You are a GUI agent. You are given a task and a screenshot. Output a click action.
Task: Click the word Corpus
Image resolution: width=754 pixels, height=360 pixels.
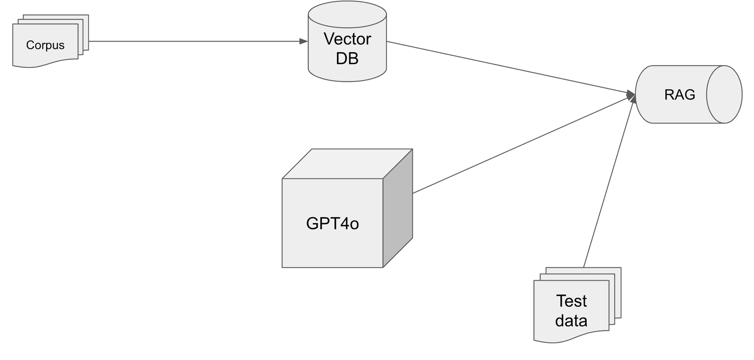pos(45,45)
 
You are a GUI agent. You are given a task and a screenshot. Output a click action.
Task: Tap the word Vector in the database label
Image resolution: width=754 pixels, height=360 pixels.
pos(347,39)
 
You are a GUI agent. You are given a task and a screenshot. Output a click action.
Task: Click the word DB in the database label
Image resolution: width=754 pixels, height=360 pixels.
pos(347,58)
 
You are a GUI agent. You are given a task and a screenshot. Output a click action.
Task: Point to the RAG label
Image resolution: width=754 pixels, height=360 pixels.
pos(680,95)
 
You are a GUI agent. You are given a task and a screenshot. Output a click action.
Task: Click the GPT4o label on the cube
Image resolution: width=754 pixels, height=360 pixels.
pos(332,223)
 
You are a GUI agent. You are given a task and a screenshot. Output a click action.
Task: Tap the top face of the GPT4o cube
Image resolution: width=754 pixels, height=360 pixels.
pos(347,164)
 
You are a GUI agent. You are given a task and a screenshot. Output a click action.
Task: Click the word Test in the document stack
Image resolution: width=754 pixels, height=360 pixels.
pos(571,301)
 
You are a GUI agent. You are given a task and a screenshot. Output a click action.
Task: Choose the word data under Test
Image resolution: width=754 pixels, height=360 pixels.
pos(571,321)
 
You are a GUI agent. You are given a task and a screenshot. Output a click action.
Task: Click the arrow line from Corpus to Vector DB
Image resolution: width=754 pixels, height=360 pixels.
pos(193,41)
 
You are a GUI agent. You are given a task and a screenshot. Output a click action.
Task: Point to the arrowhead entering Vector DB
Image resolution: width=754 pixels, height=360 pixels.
pos(304,41)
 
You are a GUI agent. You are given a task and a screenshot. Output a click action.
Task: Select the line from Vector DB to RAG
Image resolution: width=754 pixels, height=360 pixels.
pos(509,67)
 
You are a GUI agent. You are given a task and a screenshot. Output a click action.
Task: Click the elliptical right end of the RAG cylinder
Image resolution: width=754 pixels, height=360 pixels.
pos(724,95)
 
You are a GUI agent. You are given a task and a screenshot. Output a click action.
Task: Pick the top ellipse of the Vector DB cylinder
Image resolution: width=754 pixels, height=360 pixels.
pos(347,14)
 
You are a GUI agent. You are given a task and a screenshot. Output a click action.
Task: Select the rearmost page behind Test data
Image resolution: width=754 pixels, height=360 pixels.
pos(618,271)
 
